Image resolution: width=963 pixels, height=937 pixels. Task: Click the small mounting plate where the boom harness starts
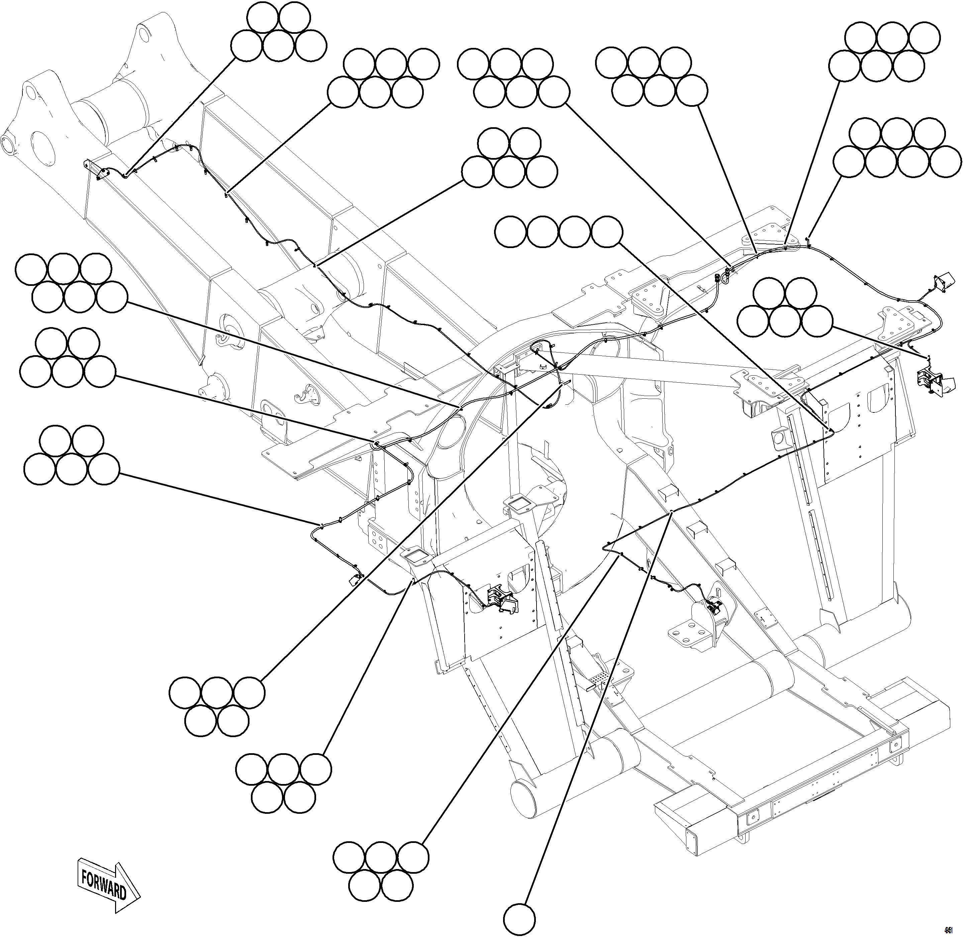point(96,170)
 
